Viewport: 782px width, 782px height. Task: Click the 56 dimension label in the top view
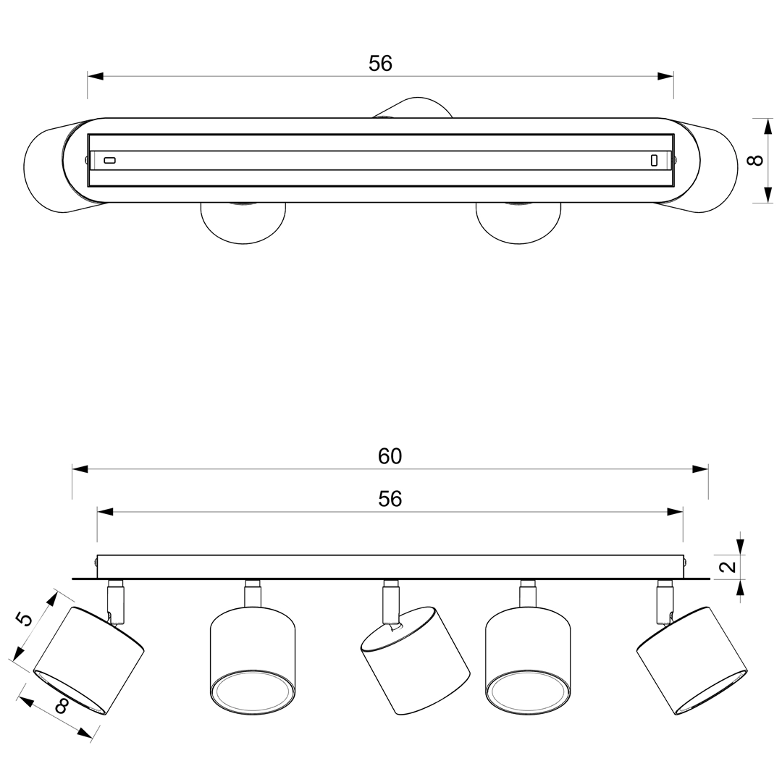pos(381,64)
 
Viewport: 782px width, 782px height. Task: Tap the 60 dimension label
pos(390,456)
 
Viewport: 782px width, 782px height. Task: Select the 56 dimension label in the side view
pos(390,499)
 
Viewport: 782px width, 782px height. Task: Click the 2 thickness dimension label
pos(729,566)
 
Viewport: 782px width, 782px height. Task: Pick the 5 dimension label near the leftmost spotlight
pos(23,618)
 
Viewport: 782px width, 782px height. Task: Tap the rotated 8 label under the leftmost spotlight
pos(62,706)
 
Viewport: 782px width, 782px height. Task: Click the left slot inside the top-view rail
pos(110,160)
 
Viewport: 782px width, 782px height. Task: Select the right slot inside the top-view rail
pos(654,160)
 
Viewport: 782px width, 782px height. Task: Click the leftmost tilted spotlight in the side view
pos(89,661)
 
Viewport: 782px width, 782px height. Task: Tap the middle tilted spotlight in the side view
pos(415,661)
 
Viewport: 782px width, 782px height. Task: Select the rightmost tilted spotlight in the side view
pos(691,661)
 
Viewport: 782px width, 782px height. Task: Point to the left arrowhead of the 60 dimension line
pos(80,469)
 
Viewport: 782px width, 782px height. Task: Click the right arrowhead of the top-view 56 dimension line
pos(666,76)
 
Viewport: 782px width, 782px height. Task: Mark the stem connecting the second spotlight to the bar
pos(253,593)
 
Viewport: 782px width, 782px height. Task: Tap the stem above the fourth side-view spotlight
pos(528,593)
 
